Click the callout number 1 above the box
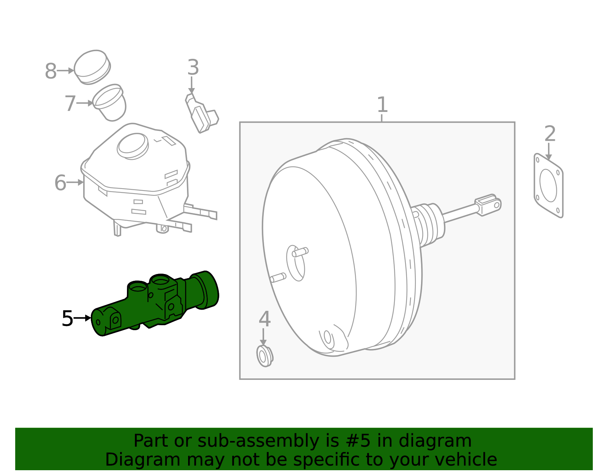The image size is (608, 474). point(382,105)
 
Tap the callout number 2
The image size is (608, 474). point(549,134)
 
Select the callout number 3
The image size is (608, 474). point(193,68)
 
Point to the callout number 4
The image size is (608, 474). point(264,319)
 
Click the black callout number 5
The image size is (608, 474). point(67,318)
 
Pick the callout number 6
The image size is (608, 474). point(60,183)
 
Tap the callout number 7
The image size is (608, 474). point(70,104)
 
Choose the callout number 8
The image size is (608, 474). point(51,71)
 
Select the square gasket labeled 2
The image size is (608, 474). point(548,186)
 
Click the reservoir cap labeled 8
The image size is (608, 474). point(92,67)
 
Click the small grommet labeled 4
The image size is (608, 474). point(264,356)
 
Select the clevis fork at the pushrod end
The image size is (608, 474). point(488,205)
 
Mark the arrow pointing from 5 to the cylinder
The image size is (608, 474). point(82,318)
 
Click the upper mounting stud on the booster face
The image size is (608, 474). point(300,252)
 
